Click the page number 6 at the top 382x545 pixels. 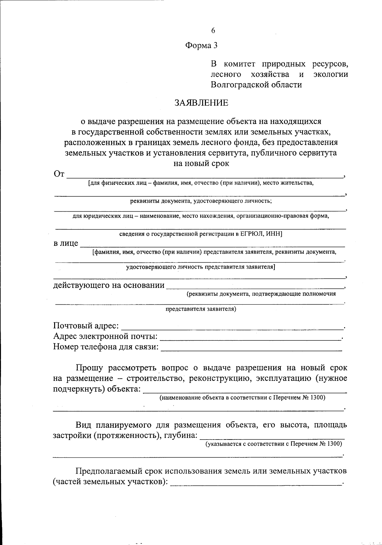click(213, 31)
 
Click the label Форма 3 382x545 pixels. click(201, 46)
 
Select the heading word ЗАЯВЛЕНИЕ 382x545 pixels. click(201, 103)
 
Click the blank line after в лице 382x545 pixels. click(212, 245)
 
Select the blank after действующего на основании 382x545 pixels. click(255, 286)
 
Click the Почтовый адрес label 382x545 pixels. click(86, 326)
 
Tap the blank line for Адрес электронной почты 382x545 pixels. click(250, 338)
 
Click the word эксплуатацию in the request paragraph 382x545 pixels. click(281, 379)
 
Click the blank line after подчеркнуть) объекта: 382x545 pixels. click(245, 391)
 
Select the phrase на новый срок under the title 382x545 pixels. click(201, 164)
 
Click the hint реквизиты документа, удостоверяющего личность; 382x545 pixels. click(201, 201)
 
